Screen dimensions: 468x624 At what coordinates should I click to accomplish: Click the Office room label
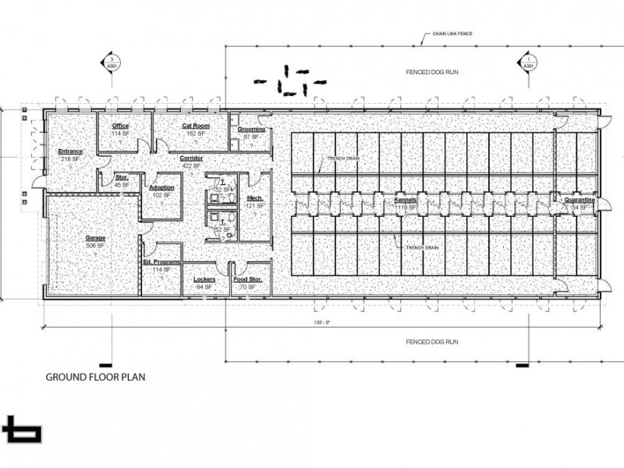[120, 126]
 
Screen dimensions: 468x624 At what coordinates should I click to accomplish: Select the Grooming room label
[251, 129]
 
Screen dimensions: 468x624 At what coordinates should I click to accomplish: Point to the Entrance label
[71, 151]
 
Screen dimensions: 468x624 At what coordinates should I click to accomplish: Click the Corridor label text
[192, 158]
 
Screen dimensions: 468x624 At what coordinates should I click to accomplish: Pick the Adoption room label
[161, 188]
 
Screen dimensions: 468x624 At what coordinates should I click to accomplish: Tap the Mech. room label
[254, 199]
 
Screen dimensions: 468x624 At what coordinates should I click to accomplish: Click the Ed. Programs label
[162, 262]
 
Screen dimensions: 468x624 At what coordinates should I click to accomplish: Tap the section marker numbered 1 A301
[528, 63]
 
